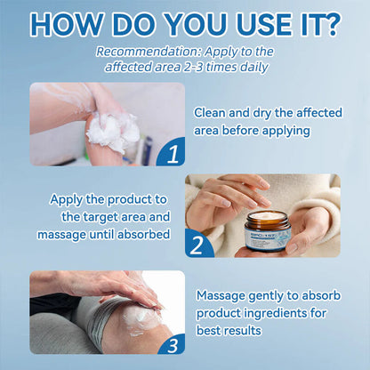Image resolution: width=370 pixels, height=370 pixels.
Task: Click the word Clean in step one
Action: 213,112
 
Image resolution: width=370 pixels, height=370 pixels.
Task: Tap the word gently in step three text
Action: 275,295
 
